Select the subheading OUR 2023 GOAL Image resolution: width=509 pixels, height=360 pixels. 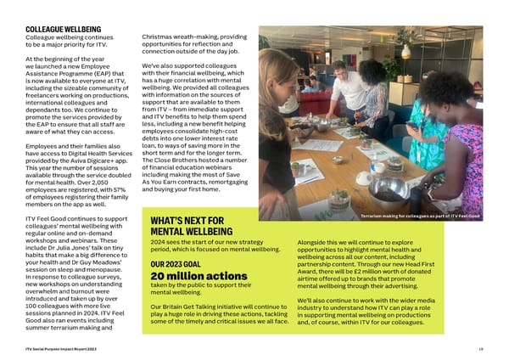[x=175, y=263]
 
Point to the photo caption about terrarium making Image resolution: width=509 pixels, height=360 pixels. [x=420, y=217]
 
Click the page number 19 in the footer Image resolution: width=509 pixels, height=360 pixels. [x=479, y=350]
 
